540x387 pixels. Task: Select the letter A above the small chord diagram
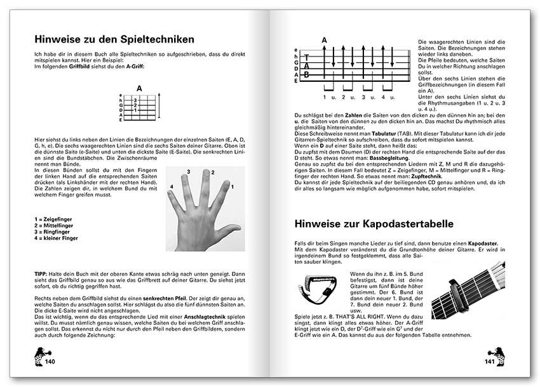(139, 89)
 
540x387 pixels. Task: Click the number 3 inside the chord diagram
(135, 100)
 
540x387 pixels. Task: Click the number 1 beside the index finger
(233, 186)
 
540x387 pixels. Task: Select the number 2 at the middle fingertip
(212, 173)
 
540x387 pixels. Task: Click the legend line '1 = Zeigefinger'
(53, 218)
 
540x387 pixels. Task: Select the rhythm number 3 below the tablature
(365, 97)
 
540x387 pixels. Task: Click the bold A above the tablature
(324, 41)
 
